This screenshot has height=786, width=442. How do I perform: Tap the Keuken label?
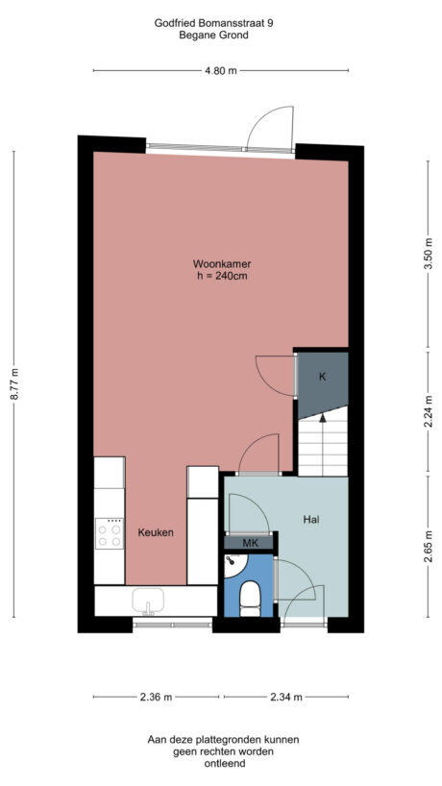tap(156, 532)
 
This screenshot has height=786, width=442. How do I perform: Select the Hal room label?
tap(310, 519)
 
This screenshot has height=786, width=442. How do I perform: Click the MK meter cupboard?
tap(250, 543)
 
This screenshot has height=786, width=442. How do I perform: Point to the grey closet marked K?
tap(322, 377)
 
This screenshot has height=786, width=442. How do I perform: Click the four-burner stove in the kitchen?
tap(110, 533)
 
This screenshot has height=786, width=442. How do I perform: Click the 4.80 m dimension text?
tap(221, 70)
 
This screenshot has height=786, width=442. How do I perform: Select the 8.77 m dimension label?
tap(13, 384)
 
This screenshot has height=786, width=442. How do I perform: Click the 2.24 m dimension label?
tap(428, 412)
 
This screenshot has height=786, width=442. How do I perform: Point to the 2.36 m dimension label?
tap(155, 697)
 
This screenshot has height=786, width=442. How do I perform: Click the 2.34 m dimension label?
tap(286, 697)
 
